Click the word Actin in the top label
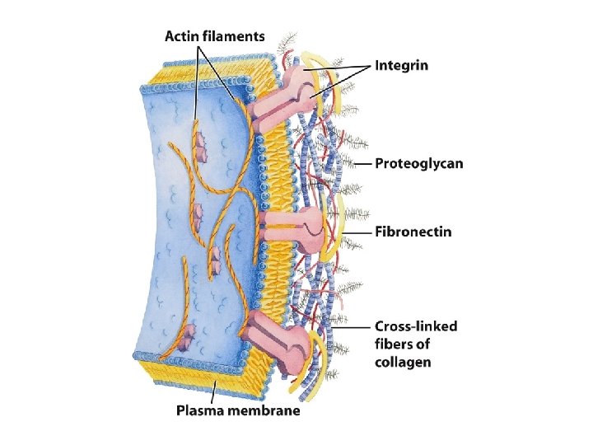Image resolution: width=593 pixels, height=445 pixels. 185,36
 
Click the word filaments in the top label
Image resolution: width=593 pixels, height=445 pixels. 236,36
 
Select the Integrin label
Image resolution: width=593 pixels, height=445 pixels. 402,66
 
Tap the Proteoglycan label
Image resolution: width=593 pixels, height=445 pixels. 419,164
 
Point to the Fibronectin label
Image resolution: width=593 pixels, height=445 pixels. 413,232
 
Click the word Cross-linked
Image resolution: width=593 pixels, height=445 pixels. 417,326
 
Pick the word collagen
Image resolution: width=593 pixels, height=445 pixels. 403,363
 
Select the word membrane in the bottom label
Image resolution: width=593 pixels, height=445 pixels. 265,410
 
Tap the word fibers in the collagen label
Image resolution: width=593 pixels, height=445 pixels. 395,344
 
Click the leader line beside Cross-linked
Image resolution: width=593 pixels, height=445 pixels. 354,327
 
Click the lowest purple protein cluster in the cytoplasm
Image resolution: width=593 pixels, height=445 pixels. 188,334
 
